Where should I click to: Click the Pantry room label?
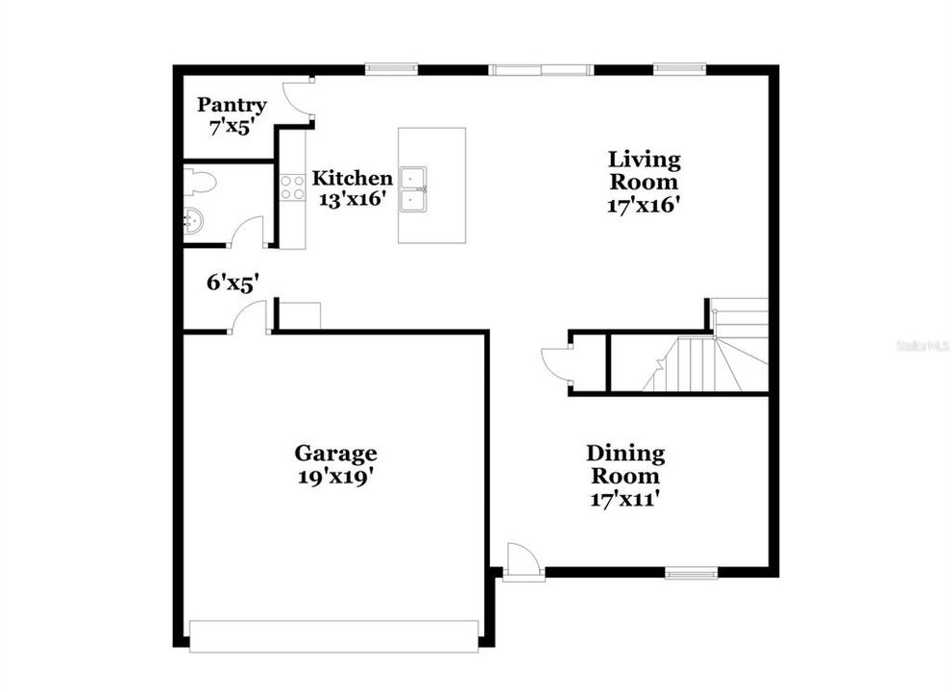coord(232,105)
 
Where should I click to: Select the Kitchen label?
coord(353,178)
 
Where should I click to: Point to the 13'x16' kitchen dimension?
coord(353,199)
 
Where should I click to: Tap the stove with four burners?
coord(292,187)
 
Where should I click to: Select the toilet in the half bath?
coord(199,182)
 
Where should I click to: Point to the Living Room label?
coord(644,170)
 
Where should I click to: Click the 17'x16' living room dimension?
coord(644,205)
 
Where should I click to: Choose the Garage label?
coord(335,453)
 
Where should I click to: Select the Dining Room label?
coord(625,464)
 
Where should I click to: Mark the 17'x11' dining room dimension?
coord(625,499)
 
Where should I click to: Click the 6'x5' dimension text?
coord(232,283)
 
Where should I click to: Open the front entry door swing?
coord(525,560)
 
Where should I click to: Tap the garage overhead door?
coord(333,636)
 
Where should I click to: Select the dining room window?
coord(692,574)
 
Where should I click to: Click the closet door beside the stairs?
coord(556,361)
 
